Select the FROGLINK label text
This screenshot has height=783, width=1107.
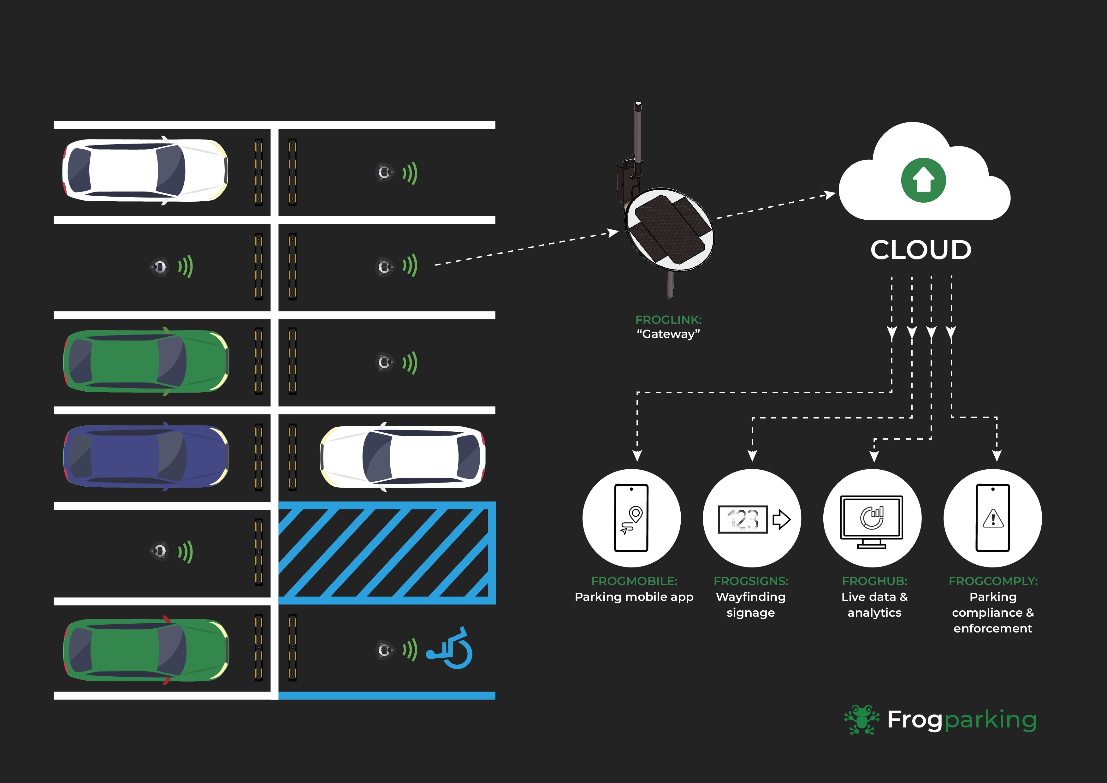coord(668,320)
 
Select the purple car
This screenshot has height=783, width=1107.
coord(145,456)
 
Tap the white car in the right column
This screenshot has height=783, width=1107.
coord(403,456)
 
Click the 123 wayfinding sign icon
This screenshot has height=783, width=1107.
coord(743,519)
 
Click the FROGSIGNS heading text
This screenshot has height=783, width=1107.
coord(751,581)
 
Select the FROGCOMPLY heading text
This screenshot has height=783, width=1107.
coord(993,581)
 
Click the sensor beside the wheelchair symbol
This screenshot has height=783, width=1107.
coord(385,650)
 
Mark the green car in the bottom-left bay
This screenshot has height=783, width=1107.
coord(145,650)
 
